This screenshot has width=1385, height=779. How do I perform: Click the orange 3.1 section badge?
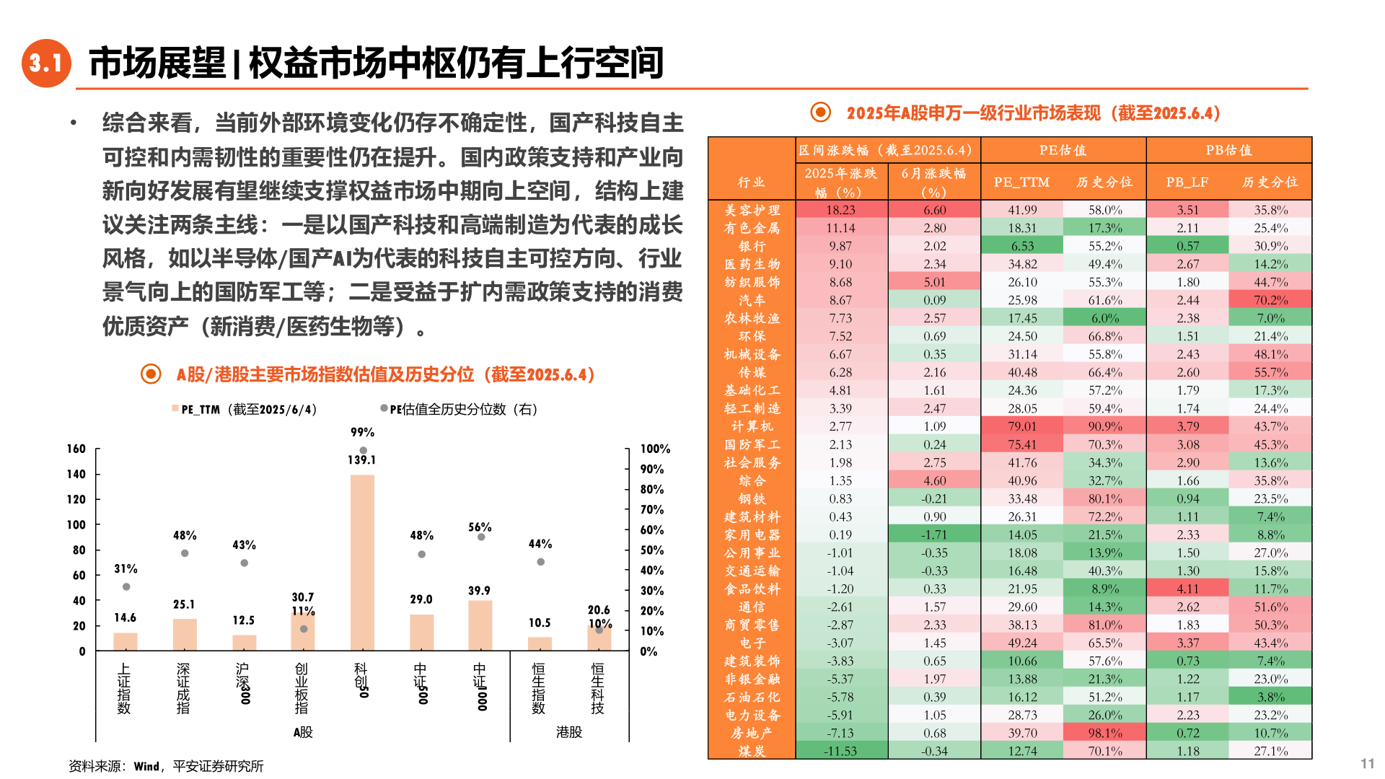click(x=46, y=63)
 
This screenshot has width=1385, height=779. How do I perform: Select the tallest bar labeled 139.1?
click(x=362, y=563)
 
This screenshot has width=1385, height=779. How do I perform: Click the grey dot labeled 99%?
click(x=363, y=450)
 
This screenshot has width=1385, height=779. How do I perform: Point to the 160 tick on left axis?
click(x=76, y=449)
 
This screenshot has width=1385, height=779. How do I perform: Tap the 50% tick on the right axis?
click(x=651, y=550)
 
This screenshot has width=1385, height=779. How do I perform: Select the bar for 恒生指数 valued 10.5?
click(x=540, y=643)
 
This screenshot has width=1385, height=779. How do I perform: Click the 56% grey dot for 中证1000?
click(x=481, y=537)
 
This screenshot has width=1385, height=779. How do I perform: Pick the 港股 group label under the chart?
click(x=568, y=732)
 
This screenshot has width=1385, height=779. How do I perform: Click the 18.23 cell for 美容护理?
click(x=840, y=210)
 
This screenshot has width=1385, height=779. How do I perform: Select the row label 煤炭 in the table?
click(x=752, y=751)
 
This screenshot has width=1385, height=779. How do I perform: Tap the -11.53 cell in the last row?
click(x=840, y=751)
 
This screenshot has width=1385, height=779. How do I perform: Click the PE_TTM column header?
click(x=1021, y=182)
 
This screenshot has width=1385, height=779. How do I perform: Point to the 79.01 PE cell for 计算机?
click(x=1021, y=426)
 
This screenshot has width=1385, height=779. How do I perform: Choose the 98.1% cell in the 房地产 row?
click(x=1104, y=733)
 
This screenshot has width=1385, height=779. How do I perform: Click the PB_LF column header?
click(x=1187, y=182)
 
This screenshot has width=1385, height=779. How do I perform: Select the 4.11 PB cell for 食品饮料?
click(x=1187, y=589)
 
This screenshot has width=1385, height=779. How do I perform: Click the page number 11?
click(x=1367, y=763)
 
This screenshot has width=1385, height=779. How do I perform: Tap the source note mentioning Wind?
click(x=166, y=766)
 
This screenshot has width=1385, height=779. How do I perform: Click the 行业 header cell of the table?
click(x=751, y=182)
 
